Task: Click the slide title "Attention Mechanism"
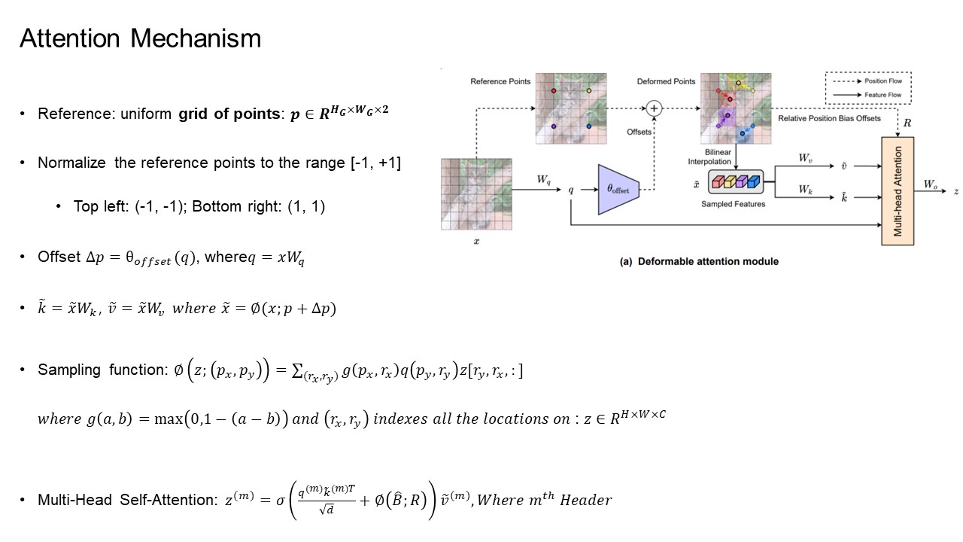[140, 38]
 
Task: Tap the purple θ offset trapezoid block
[618, 189]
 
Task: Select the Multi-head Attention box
[898, 190]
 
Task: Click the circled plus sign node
[655, 108]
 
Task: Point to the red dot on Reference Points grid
[553, 90]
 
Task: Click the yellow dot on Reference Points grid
[588, 90]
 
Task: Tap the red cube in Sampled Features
[717, 181]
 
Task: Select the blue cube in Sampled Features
[751, 181]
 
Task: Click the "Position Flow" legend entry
[885, 81]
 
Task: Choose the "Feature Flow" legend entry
[885, 95]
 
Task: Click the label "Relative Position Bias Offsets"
[829, 119]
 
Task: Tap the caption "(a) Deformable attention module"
[698, 261]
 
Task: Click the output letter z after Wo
[955, 191]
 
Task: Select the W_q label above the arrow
[543, 179]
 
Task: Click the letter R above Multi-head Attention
[907, 123]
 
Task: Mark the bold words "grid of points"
[228, 114]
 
